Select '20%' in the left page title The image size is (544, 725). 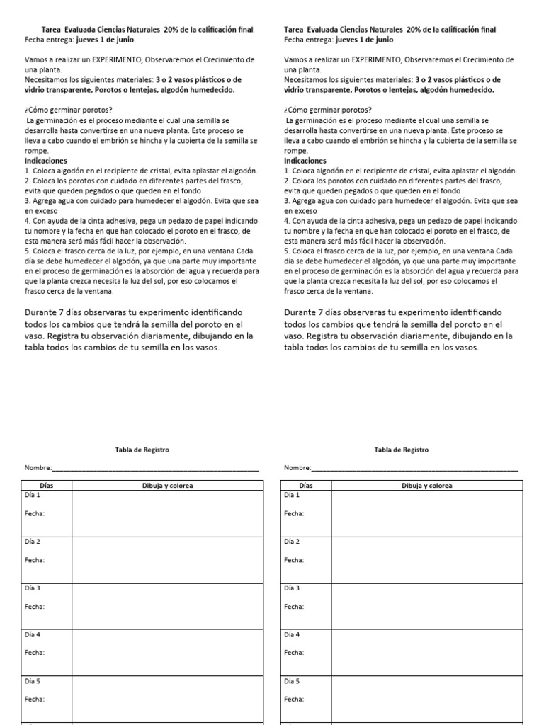click(x=171, y=30)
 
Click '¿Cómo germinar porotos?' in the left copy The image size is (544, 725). click(x=68, y=110)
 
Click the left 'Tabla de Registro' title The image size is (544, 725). click(x=142, y=450)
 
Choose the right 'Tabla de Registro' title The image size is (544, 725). click(x=401, y=450)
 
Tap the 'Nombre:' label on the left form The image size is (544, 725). click(x=38, y=468)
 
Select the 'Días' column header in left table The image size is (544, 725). click(x=47, y=486)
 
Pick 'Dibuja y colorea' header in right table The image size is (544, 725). click(x=426, y=486)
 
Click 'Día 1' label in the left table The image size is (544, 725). click(x=33, y=495)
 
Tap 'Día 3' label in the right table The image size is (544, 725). click(x=292, y=588)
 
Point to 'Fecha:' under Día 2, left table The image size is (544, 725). click(x=35, y=560)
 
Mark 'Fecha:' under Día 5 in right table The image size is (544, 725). click(x=294, y=700)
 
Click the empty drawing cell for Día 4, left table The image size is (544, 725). click(x=167, y=651)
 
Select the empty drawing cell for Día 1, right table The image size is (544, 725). click(x=426, y=513)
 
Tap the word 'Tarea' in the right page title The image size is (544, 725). click(x=293, y=30)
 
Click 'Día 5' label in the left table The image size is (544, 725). click(x=33, y=681)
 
